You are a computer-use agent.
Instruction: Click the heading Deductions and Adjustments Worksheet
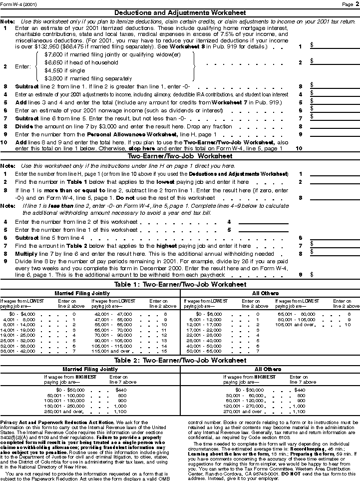coord(180,12)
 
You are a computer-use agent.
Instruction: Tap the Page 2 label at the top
coord(348,4)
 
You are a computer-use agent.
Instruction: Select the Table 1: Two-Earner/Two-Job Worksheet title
coord(180,284)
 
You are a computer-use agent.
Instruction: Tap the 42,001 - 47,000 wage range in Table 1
coord(109,314)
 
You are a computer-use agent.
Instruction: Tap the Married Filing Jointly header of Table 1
coord(90,293)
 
